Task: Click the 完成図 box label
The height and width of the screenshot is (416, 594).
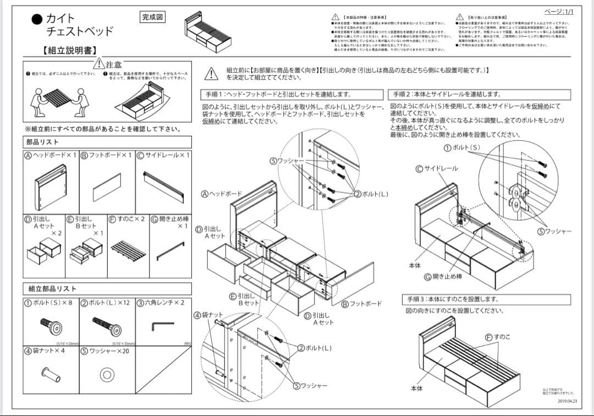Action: (152, 17)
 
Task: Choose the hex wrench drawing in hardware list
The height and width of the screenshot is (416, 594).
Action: (162, 326)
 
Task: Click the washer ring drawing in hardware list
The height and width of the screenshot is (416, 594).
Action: (107, 375)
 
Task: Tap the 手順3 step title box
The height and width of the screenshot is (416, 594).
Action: (452, 299)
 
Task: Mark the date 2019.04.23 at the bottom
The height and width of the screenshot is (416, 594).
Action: (566, 401)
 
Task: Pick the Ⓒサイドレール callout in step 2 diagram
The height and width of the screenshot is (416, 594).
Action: (437, 168)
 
